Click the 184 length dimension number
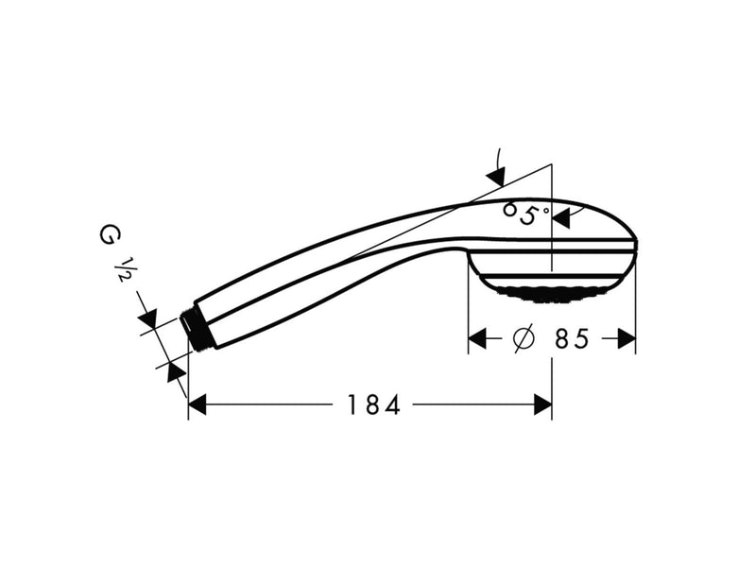pos(373,404)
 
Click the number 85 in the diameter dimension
pos(572,338)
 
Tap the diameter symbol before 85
pos(524,338)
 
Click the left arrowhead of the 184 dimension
pos(198,404)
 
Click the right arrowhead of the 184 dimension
pos(542,404)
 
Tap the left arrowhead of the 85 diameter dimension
pos(478,338)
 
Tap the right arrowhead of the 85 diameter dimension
pos(627,338)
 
